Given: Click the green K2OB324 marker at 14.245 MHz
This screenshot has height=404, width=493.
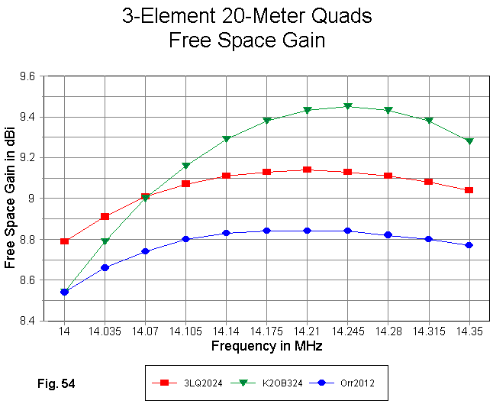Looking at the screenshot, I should [x=348, y=106].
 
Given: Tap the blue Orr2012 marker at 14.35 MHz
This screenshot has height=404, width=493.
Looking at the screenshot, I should [x=469, y=245].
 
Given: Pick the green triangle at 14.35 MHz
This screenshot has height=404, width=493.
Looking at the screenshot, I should [x=469, y=141].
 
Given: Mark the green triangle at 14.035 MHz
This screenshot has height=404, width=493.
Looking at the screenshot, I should [x=105, y=241].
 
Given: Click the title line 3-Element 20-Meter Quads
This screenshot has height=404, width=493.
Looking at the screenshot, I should [x=246, y=17].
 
